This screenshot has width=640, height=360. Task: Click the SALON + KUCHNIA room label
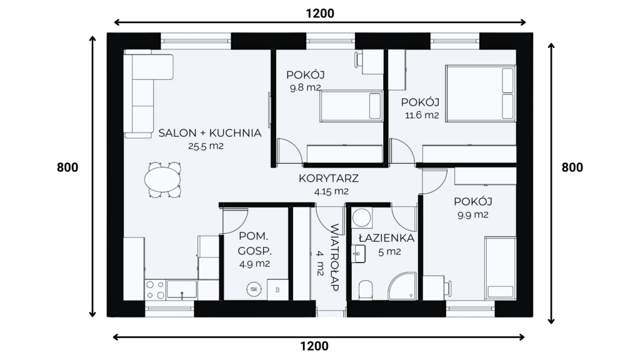click(x=210, y=133)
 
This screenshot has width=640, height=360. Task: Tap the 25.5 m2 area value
click(x=206, y=146)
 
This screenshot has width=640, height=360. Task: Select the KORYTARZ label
click(x=329, y=178)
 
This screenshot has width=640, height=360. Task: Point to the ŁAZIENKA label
click(x=386, y=238)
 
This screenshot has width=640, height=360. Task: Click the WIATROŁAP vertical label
click(x=334, y=257)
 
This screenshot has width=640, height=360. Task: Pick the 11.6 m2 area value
click(x=422, y=115)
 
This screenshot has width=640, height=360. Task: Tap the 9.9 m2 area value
click(x=472, y=215)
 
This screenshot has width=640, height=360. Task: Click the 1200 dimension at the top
click(x=320, y=14)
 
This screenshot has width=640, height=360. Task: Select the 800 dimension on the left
click(x=67, y=167)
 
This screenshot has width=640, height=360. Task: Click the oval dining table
click(x=162, y=179)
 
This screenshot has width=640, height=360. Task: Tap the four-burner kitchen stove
click(x=155, y=290)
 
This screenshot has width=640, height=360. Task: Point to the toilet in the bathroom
click(x=365, y=289)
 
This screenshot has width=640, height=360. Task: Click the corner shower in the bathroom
click(x=402, y=286)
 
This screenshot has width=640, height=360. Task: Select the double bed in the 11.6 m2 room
click(x=481, y=94)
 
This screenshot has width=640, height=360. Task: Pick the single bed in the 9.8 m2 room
click(x=351, y=106)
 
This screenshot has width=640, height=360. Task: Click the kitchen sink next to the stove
click(x=182, y=290)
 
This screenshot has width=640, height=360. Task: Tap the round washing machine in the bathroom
click(x=362, y=217)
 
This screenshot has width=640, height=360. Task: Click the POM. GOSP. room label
click(x=254, y=243)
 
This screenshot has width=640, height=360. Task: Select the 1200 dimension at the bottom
click(x=314, y=346)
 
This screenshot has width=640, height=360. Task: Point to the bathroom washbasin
click(x=358, y=254)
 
